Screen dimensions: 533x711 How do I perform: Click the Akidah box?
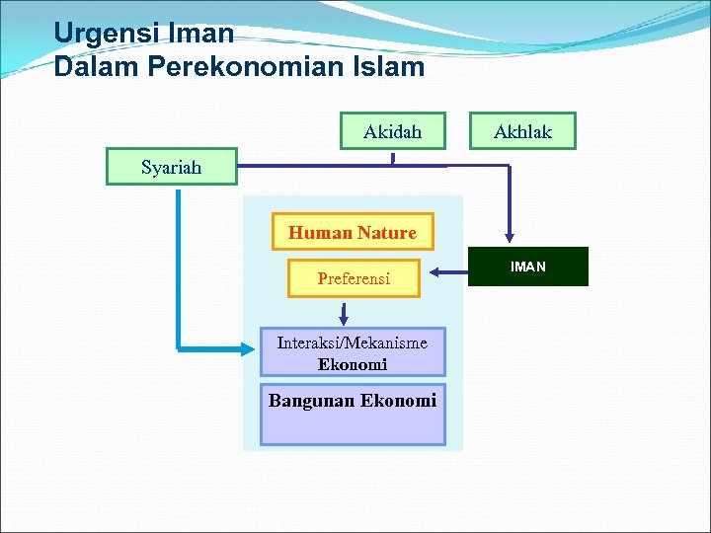click(392, 131)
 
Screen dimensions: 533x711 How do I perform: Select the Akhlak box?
click(522, 131)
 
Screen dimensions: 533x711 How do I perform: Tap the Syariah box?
click(172, 167)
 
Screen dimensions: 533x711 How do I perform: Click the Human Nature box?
click(353, 233)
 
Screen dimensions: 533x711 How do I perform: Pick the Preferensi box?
click(354, 278)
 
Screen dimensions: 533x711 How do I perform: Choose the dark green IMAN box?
click(527, 266)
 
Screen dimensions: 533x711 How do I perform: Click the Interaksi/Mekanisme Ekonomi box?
click(353, 352)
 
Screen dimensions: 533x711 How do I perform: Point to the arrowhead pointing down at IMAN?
click(510, 237)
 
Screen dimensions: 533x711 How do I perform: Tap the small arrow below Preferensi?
click(344, 315)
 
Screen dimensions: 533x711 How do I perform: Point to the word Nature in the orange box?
click(387, 233)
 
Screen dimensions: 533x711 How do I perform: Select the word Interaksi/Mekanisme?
click(353, 343)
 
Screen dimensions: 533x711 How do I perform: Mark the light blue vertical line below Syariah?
click(179, 266)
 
